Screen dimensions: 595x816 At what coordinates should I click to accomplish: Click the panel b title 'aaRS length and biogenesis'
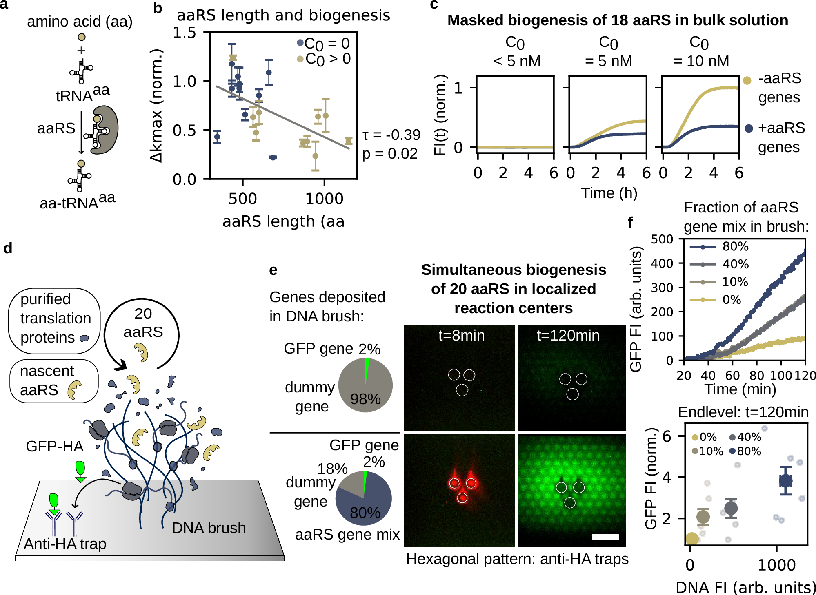[283, 15]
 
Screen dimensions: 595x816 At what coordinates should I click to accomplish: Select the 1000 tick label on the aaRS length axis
[325, 199]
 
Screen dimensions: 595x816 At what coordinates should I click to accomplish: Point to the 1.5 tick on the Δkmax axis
[184, 33]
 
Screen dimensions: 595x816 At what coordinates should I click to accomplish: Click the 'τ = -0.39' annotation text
[391, 135]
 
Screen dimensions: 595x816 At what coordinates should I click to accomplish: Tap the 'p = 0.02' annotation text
[390, 154]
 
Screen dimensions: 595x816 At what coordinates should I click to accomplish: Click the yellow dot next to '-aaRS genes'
[747, 80]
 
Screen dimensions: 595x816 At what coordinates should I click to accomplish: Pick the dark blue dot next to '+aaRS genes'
[749, 128]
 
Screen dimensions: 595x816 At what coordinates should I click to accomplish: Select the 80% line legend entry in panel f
[718, 247]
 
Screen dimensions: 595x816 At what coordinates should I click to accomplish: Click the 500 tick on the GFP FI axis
[662, 239]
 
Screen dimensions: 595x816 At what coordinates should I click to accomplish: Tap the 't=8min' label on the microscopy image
[461, 336]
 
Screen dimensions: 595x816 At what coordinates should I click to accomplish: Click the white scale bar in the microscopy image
[605, 537]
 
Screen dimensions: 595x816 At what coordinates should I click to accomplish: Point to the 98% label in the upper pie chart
[365, 399]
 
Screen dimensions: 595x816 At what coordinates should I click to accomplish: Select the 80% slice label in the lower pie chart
[365, 513]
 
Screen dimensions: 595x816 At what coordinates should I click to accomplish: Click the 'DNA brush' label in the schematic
[209, 528]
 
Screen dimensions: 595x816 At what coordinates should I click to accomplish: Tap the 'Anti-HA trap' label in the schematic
[65, 544]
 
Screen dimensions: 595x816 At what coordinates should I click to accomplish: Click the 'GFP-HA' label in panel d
[54, 446]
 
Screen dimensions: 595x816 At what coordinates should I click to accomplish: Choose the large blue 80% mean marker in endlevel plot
[785, 481]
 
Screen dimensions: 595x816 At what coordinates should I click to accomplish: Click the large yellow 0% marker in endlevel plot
[692, 539]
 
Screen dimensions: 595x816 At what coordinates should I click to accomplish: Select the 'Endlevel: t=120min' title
[743, 412]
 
